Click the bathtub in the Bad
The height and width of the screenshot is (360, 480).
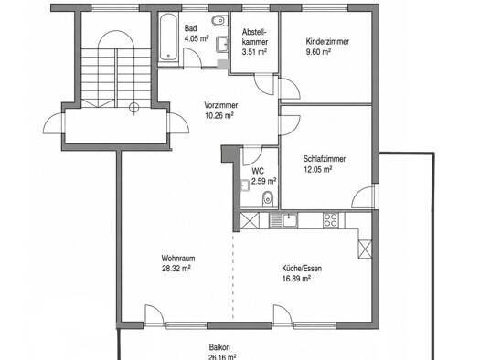click(168, 37)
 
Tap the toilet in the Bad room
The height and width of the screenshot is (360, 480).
click(219, 21)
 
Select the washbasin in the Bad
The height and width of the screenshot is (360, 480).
click(221, 45)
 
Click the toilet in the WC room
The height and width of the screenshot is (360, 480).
click(267, 199)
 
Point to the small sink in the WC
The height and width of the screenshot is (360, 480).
click(245, 185)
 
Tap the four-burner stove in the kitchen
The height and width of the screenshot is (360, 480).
click(330, 220)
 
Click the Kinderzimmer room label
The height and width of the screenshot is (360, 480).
click(327, 42)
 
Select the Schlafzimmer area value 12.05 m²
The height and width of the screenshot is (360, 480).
click(318, 169)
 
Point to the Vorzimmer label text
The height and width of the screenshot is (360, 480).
click(220, 105)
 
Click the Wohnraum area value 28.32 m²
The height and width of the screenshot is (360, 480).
click(176, 269)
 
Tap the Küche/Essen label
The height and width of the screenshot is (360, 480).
click(302, 269)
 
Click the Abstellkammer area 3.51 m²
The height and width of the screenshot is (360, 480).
click(254, 52)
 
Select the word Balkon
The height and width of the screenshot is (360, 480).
click(219, 347)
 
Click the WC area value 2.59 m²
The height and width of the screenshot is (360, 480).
click(263, 182)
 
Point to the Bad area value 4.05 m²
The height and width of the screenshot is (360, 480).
click(197, 38)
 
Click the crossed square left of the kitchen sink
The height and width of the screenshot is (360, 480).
click(250, 220)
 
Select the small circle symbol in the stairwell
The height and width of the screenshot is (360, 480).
click(133, 108)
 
